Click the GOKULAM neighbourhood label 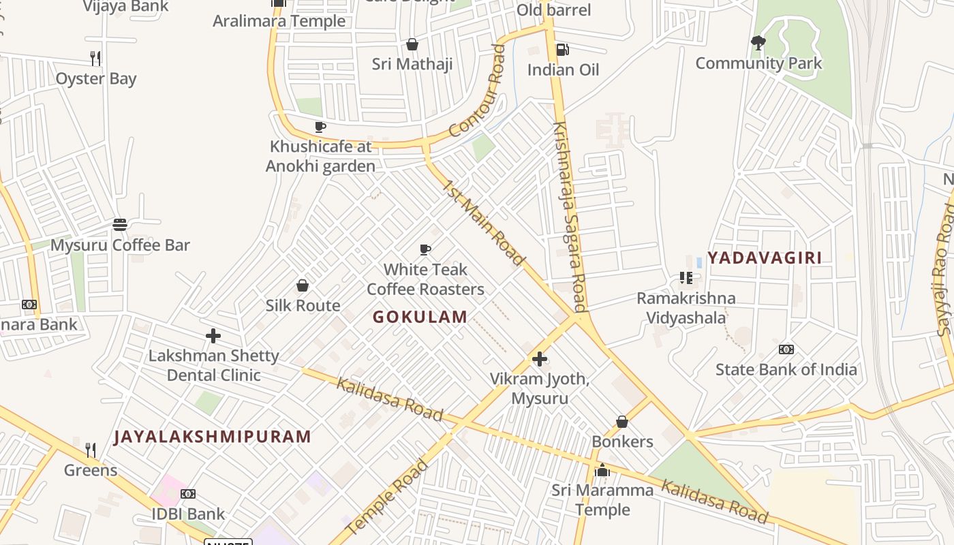tap(420, 317)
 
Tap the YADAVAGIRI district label tap(764, 258)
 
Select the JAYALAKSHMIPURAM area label tap(212, 437)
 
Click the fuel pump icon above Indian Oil tap(563, 49)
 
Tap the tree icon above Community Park tap(758, 44)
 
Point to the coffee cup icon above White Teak tap(425, 249)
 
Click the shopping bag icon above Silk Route tap(303, 285)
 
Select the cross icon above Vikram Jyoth tap(540, 358)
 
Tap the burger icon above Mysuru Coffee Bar tap(120, 225)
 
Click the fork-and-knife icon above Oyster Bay tap(95, 59)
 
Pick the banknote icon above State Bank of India tap(786, 349)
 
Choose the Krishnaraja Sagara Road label tap(570, 216)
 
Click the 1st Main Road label tap(484, 222)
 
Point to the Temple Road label tap(386, 497)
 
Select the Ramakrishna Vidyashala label tap(686, 308)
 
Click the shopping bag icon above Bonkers tap(621, 422)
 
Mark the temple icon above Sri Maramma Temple tap(602, 470)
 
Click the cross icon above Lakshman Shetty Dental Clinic tap(213, 336)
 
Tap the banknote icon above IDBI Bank tap(188, 494)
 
